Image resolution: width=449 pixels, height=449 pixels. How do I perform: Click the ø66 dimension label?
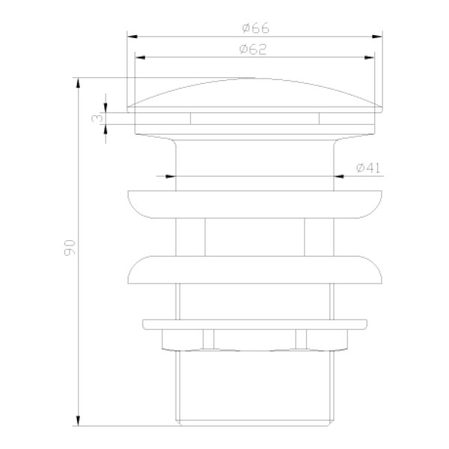pyautogui.click(x=255, y=28)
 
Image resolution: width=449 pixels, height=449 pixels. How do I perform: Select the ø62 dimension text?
pyautogui.click(x=255, y=49)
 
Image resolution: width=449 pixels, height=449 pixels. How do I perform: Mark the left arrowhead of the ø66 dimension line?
pyautogui.click(x=130, y=34)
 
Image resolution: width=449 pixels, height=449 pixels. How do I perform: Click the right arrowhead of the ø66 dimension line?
pyautogui.click(x=379, y=34)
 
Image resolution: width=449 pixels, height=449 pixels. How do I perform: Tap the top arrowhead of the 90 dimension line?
pyautogui.click(x=78, y=80)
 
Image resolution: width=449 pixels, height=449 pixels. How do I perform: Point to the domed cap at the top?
pyautogui.click(x=254, y=94)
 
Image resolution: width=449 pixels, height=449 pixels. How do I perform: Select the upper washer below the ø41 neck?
pyautogui.click(x=254, y=204)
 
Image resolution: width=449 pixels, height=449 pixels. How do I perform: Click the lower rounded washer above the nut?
pyautogui.click(x=254, y=270)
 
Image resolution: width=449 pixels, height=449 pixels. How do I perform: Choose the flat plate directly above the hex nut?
pyautogui.click(x=254, y=325)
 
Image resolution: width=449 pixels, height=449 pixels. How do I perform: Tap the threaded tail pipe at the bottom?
pyautogui.click(x=254, y=385)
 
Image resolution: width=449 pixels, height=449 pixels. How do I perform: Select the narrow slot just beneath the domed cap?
pyautogui.click(x=254, y=117)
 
